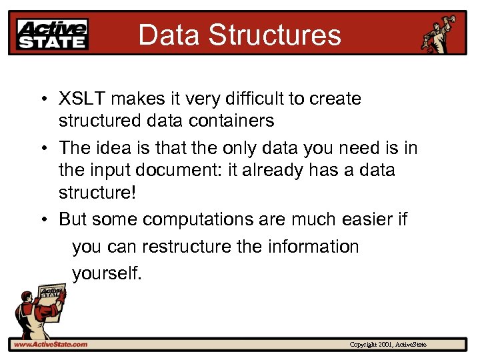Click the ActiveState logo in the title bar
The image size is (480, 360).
pos(53,33)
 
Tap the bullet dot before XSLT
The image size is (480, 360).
pos(42,100)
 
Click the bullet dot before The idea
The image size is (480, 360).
pos(42,147)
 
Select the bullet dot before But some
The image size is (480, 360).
pos(42,219)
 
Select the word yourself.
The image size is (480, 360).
pos(107,273)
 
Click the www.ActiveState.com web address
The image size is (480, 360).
pos(50,344)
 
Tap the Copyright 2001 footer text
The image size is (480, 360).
pos(388,344)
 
